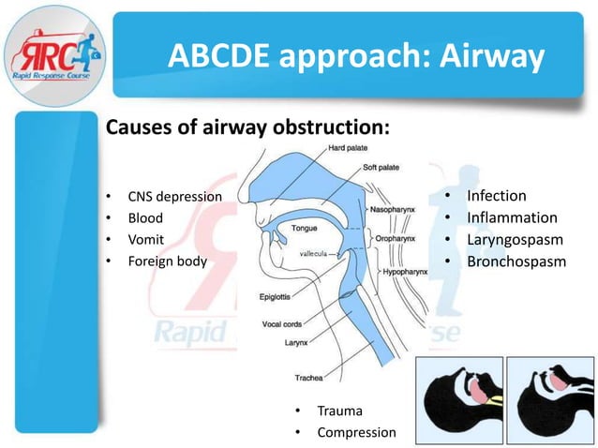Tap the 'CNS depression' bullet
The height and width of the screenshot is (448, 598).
pyautogui.click(x=174, y=197)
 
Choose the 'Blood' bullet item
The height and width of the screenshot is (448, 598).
pyautogui.click(x=145, y=218)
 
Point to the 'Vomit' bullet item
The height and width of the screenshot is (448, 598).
pyautogui.click(x=146, y=240)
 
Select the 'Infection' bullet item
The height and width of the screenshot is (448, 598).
pyautogui.click(x=496, y=197)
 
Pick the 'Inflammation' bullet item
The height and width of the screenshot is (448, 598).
pyautogui.click(x=512, y=218)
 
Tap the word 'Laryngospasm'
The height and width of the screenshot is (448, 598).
pyautogui.click(x=515, y=240)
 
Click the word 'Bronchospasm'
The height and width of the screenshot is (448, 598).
pyautogui.click(x=516, y=261)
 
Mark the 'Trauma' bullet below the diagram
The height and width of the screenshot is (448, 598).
pyautogui.click(x=338, y=411)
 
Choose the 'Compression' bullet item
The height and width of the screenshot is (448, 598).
pyautogui.click(x=356, y=433)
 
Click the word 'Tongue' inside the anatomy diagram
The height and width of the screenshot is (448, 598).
pyautogui.click(x=305, y=228)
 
